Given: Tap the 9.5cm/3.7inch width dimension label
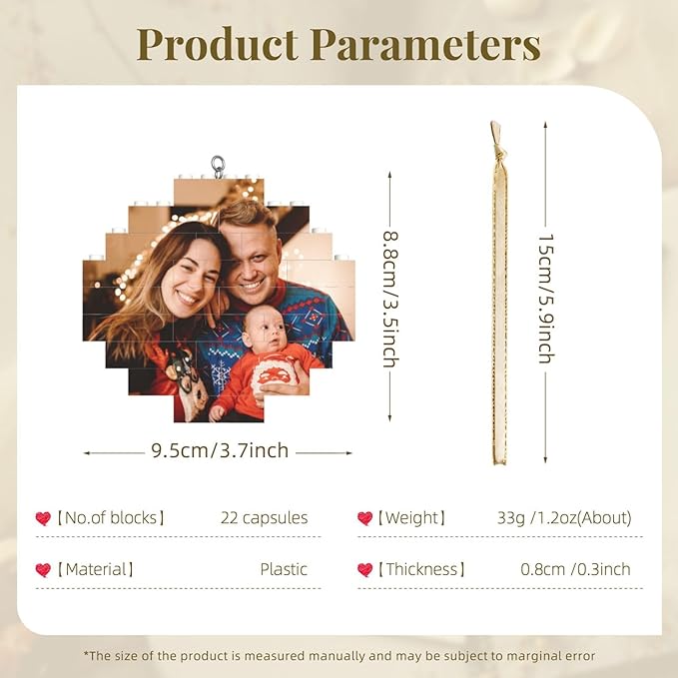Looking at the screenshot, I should (x=220, y=451).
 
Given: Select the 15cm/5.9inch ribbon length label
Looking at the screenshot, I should (x=546, y=300).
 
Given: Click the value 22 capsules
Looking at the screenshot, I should (x=264, y=518).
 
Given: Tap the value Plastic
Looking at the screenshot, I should (x=284, y=569).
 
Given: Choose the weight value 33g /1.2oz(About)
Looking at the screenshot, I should (x=564, y=518).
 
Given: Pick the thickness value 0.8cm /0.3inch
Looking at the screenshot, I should (x=575, y=569).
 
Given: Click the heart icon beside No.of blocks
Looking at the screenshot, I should (x=43, y=518).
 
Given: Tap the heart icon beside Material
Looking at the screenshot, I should (x=43, y=569).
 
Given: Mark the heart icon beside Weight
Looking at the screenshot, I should (x=364, y=518).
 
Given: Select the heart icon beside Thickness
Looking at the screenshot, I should (x=364, y=569).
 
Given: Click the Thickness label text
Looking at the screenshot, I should (x=420, y=569).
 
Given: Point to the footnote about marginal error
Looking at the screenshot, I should (x=339, y=656).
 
